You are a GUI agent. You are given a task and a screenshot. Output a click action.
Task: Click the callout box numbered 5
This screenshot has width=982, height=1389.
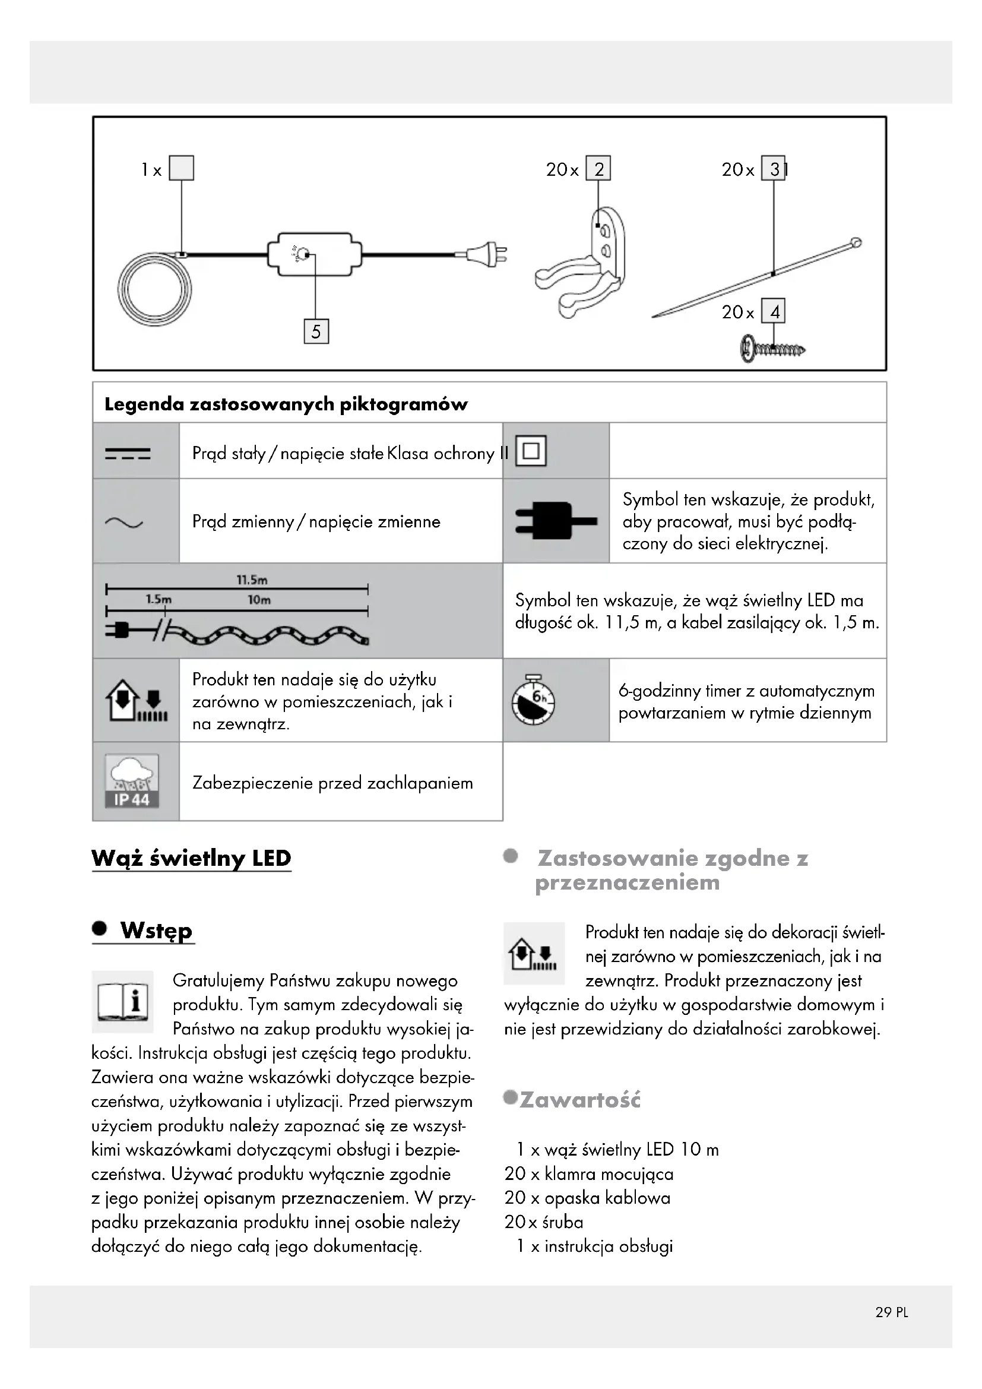click(x=316, y=331)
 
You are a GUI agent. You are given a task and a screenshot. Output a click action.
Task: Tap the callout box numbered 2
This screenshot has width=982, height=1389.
click(x=598, y=169)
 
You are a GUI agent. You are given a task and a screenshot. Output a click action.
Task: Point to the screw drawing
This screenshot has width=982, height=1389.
click(x=772, y=349)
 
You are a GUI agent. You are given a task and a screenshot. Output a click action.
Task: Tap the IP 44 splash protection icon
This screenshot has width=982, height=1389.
click(x=132, y=781)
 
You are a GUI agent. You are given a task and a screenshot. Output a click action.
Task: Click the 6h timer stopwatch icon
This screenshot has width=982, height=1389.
click(x=533, y=700)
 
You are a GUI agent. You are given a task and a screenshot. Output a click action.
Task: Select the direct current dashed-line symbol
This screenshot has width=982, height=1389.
click(x=128, y=453)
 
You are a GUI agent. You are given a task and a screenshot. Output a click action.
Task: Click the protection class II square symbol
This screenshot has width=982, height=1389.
click(x=530, y=451)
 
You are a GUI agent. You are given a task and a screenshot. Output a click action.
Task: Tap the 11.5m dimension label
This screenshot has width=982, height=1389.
click(x=252, y=580)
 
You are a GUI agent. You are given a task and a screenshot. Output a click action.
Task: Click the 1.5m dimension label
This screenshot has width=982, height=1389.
click(x=159, y=600)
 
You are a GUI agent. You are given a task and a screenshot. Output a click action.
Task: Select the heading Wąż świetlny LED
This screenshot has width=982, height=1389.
click(x=191, y=858)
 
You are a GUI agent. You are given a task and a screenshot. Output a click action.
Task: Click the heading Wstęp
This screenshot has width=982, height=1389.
click(x=156, y=931)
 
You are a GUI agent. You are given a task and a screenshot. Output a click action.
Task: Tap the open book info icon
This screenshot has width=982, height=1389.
click(x=123, y=1001)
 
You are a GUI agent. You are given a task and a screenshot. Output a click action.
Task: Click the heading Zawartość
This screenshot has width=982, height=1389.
click(x=579, y=1100)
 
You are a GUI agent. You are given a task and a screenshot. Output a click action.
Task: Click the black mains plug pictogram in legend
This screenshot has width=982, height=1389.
click(x=555, y=520)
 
